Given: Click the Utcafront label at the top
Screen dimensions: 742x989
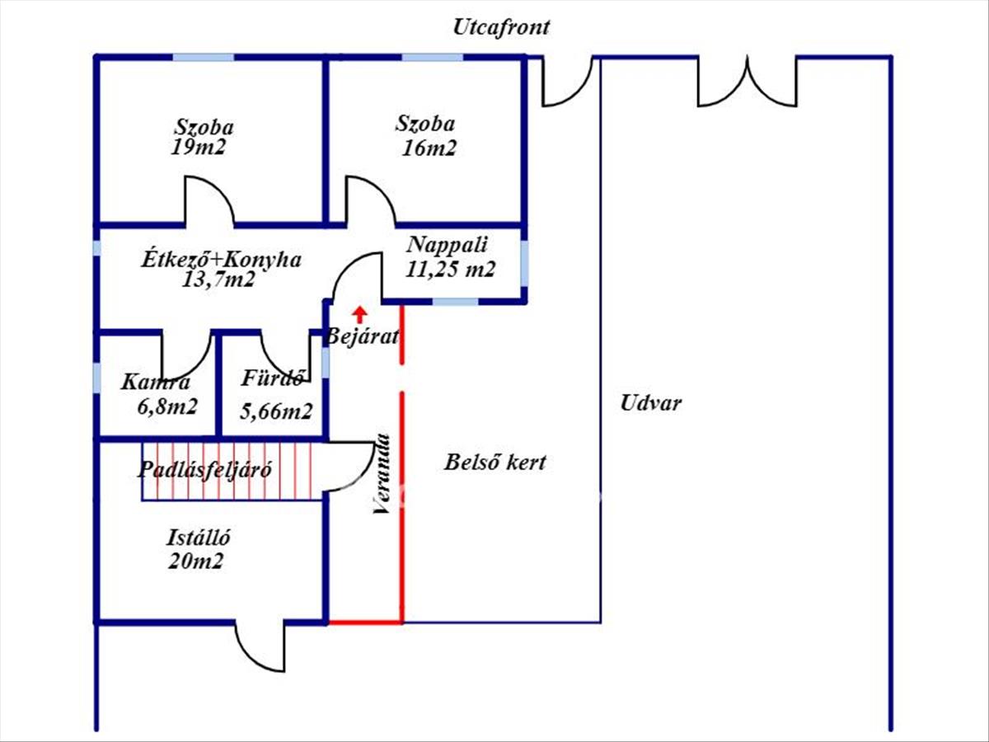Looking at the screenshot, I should pos(501,27).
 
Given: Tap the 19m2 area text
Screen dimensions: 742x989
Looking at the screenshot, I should pos(199,148).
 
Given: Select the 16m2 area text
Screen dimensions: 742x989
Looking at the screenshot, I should pos(429,148).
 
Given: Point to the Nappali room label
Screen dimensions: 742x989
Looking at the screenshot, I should pos(448,245).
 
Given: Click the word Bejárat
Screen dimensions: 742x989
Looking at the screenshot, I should pos(363,336).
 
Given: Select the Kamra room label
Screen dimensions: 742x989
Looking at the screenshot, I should pos(155,383).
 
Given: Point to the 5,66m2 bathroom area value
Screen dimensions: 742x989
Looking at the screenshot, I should pos(276,411).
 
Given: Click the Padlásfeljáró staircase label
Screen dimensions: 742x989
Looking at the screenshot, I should pos(204,470).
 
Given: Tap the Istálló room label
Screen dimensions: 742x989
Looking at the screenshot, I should pos(198,538).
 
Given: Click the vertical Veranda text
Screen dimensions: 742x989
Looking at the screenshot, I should pos(381,475).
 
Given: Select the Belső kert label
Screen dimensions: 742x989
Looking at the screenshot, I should pos(494,462).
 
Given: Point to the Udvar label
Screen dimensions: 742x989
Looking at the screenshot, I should pos(651,404).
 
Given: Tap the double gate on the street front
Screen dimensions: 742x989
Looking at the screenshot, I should pos(748,82).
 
